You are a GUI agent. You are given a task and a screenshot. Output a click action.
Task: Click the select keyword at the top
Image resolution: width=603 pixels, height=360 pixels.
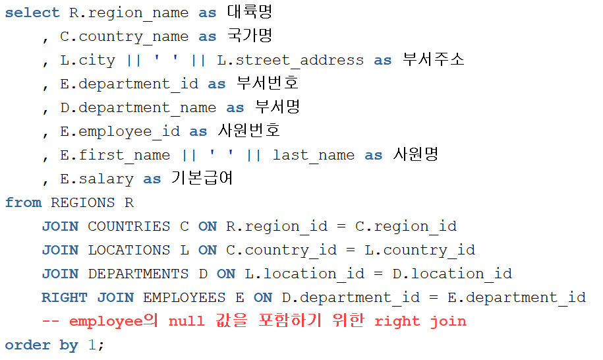32,13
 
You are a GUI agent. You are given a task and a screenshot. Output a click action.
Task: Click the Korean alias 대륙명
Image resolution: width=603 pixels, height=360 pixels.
249,13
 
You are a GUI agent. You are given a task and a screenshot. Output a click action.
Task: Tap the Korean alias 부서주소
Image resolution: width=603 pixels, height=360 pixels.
433,60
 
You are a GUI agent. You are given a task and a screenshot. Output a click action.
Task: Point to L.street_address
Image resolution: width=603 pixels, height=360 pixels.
290,60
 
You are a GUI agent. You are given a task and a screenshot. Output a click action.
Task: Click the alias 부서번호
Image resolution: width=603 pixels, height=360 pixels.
268,84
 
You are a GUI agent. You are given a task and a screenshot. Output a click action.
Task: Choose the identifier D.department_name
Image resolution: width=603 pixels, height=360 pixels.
138,107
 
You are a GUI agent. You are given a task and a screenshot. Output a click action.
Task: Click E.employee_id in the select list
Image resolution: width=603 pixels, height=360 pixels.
119,131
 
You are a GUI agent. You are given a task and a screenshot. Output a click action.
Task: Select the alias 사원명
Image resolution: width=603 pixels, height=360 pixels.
416,155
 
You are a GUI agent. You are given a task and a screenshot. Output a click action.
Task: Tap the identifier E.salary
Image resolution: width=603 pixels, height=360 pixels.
96,179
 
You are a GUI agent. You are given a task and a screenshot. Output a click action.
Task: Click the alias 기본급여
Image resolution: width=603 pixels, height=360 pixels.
202,179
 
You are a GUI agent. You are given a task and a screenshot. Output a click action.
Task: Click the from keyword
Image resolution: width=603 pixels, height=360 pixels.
23,202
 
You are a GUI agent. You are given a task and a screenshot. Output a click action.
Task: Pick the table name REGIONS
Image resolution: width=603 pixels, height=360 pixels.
82,202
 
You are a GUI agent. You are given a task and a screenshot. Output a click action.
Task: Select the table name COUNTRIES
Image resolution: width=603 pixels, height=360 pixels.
129,226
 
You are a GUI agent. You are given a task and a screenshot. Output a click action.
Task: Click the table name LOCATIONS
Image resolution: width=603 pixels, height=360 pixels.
129,250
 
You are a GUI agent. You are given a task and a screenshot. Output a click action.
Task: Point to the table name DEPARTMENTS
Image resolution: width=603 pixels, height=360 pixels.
138,274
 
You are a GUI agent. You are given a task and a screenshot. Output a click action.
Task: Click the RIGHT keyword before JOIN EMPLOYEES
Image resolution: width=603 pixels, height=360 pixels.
65,297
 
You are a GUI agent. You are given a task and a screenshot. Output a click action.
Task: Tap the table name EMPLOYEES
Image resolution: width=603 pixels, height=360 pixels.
184,297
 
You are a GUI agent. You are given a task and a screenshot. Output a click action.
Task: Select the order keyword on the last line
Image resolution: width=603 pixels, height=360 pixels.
28,345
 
